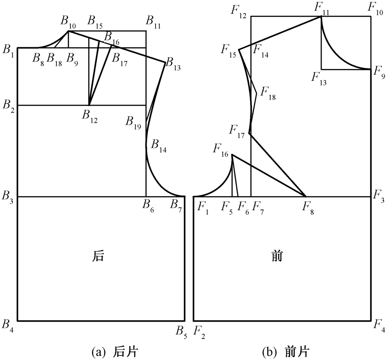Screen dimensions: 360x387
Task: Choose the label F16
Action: [221, 149]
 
